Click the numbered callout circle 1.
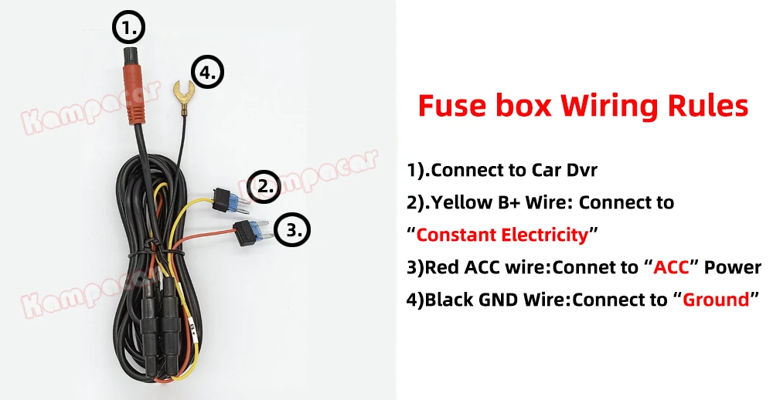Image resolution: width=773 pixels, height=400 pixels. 129,29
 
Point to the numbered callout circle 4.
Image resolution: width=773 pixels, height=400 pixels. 207,74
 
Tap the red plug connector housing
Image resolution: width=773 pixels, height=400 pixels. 133,92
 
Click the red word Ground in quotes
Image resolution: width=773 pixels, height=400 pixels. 716,299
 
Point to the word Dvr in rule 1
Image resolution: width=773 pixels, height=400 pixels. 581,170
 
